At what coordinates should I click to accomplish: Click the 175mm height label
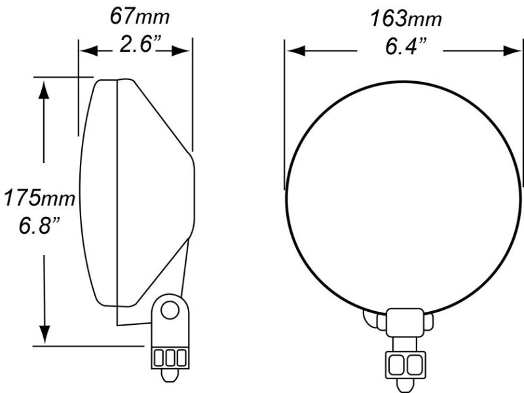[x=38, y=196]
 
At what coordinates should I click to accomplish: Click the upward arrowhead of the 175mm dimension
[x=44, y=88]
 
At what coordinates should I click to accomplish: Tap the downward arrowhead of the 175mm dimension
[x=44, y=333]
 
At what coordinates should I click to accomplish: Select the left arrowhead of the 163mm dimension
[x=293, y=50]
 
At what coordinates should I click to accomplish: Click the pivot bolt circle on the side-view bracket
[x=172, y=309]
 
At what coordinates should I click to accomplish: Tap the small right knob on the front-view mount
[x=429, y=322]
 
